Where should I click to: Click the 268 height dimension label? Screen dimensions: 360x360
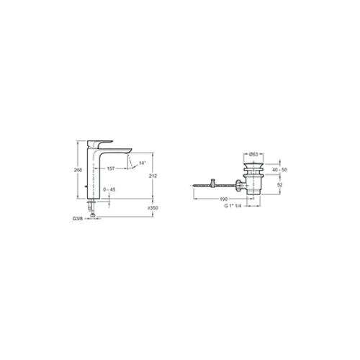click(x=78, y=170)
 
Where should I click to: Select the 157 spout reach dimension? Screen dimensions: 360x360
click(x=111, y=168)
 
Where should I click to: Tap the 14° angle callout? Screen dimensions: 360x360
click(x=143, y=163)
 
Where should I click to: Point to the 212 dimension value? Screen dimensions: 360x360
click(x=153, y=176)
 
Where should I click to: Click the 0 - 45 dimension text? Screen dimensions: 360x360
click(x=109, y=189)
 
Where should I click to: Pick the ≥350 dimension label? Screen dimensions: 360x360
click(x=153, y=208)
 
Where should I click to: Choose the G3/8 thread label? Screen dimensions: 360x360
click(x=77, y=219)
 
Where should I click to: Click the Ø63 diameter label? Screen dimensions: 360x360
click(x=253, y=154)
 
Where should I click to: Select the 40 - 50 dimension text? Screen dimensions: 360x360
click(x=279, y=170)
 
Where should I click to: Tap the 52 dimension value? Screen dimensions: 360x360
click(x=279, y=185)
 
